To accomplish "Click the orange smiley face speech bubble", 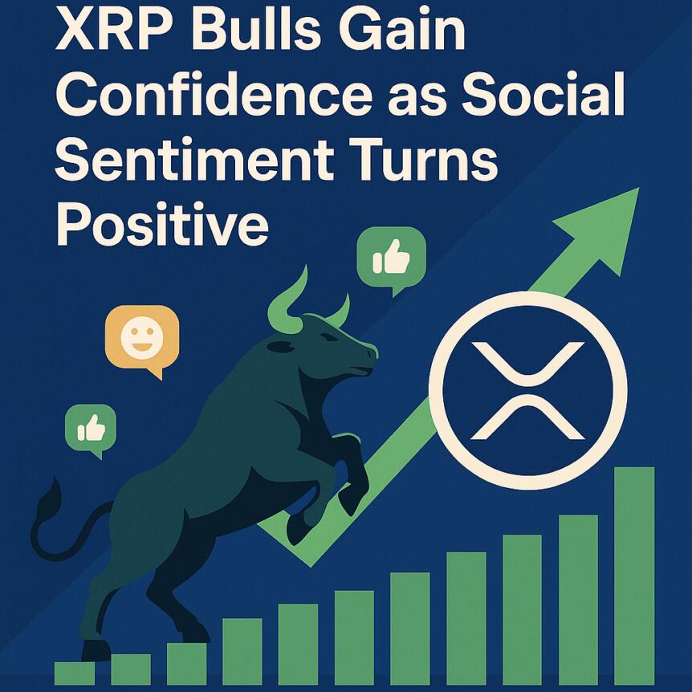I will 142,338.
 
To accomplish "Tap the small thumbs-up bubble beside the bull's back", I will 91,429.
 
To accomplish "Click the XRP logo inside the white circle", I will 527,390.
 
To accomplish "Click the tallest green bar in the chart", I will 634,574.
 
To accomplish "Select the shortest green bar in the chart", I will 75,673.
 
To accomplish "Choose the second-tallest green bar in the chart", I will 578,598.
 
